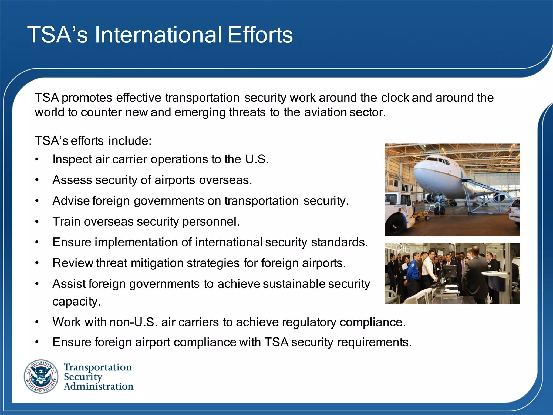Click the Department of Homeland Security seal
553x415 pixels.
point(41,376)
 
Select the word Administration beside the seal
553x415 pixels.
point(99,386)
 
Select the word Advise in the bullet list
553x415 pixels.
point(71,201)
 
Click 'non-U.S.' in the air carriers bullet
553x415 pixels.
point(133,322)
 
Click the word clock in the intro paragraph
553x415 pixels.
point(395,98)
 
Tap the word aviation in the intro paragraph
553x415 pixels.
point(325,112)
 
